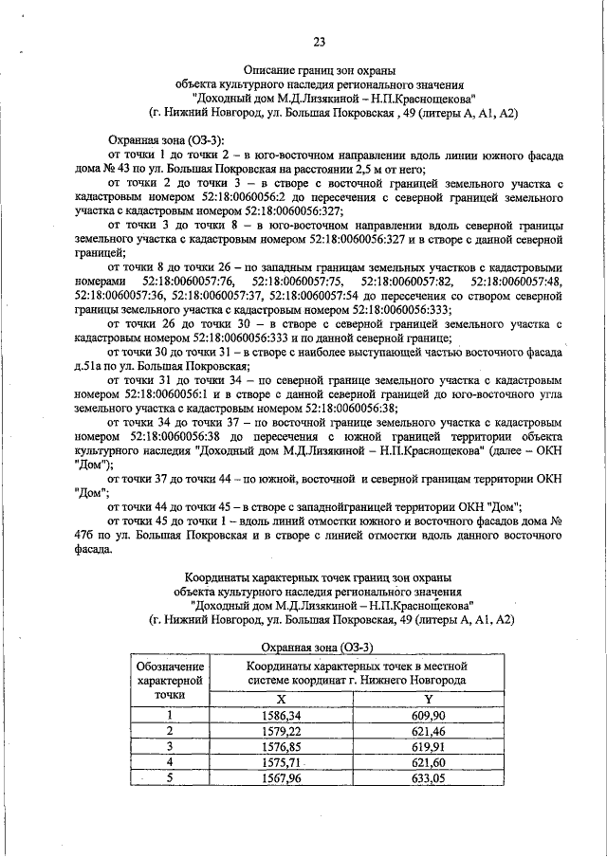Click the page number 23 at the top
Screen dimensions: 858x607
pos(319,40)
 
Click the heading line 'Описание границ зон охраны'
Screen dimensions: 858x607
pos(319,69)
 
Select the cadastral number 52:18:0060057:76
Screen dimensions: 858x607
pos(189,283)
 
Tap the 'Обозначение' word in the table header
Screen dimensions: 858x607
pos(171,666)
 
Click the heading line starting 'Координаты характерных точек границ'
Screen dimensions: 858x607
pos(318,575)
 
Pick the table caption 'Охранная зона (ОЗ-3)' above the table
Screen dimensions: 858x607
pos(317,646)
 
